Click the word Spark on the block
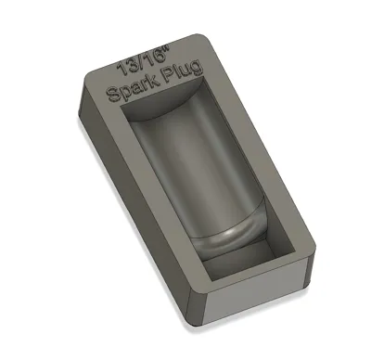coord(132,87)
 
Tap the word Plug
coord(183,72)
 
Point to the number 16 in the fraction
coord(155,58)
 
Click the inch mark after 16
coord(170,49)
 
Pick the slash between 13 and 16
coord(140,63)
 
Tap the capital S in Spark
coord(113,94)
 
